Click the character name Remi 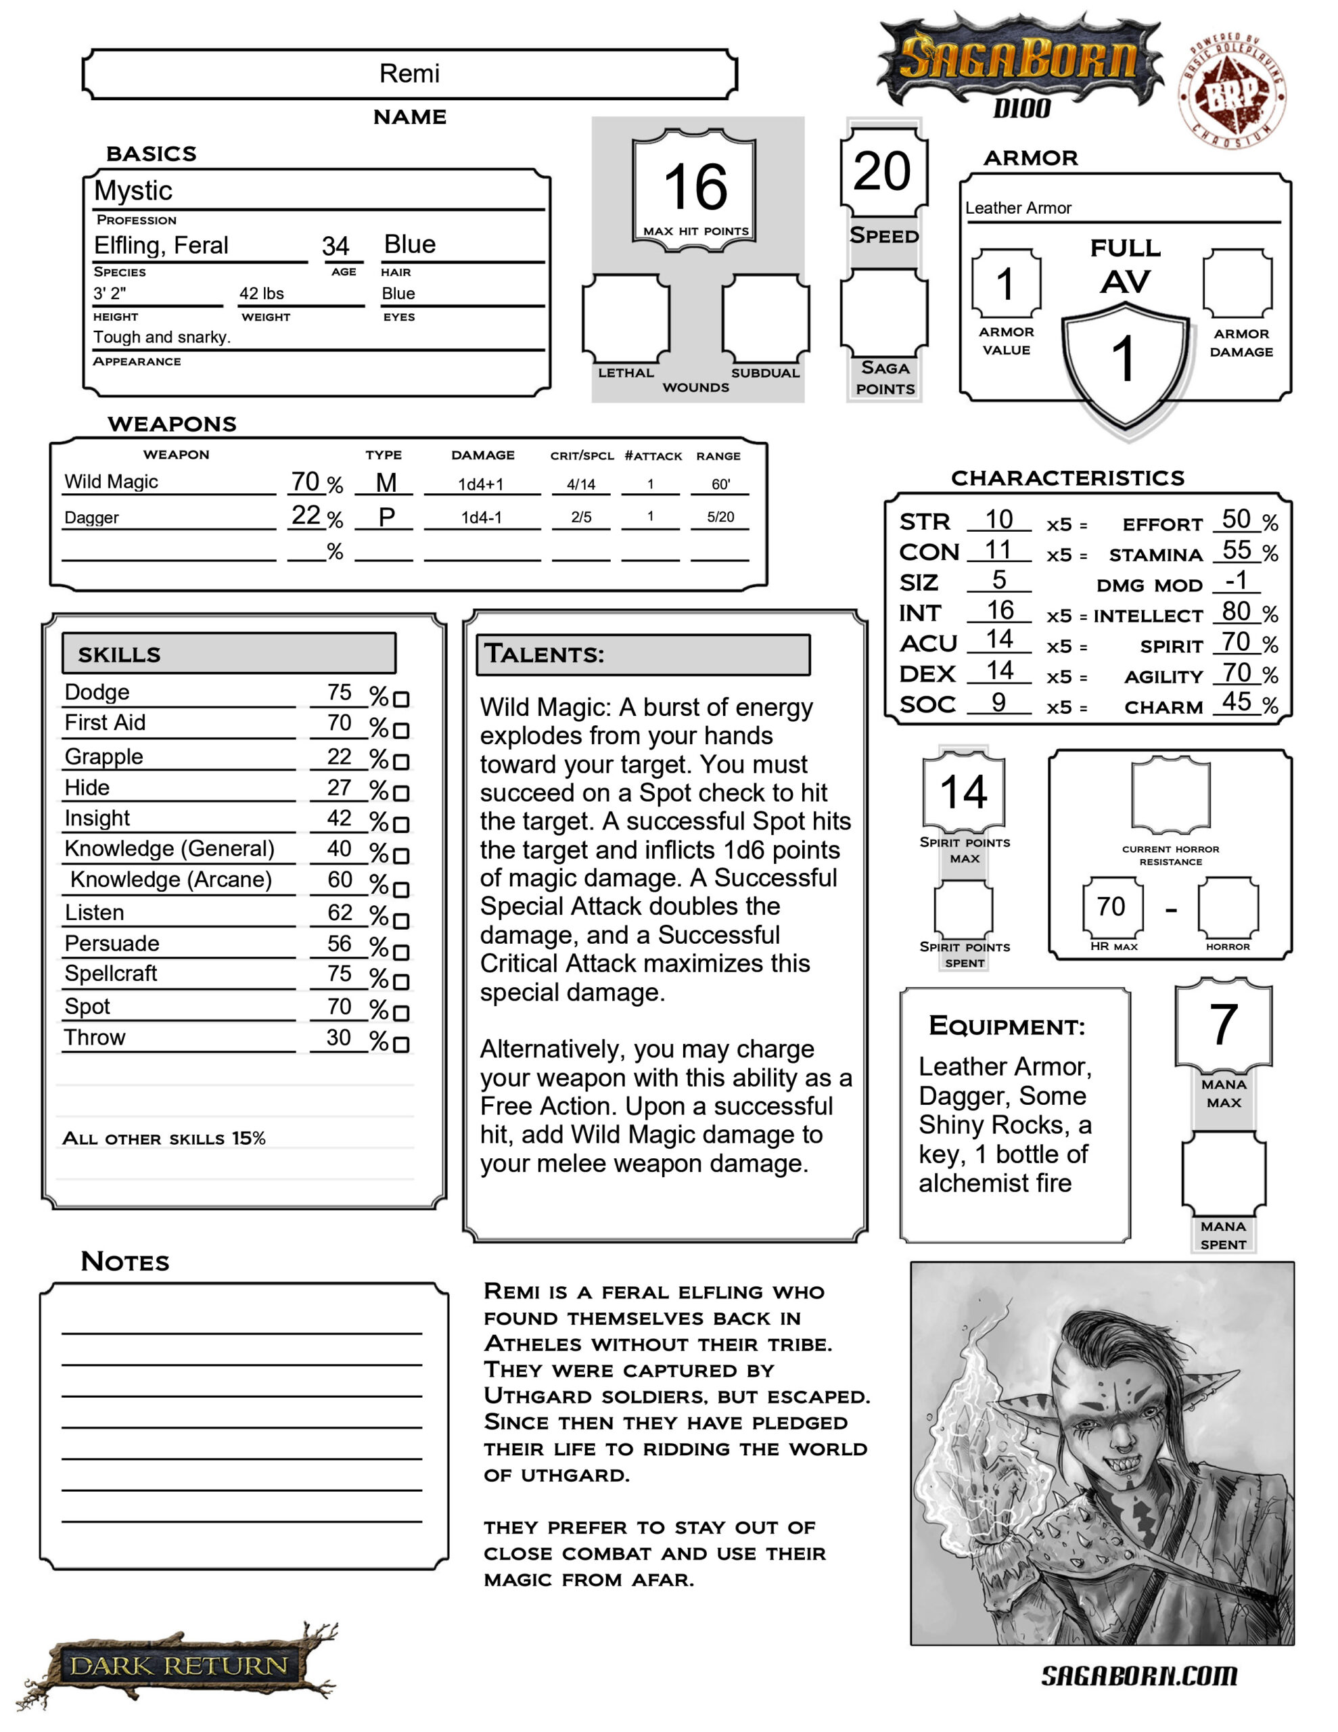click(409, 74)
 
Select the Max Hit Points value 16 click(695, 187)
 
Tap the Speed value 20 click(882, 171)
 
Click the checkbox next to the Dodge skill click(401, 700)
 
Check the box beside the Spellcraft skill click(401, 982)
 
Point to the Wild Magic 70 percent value click(305, 482)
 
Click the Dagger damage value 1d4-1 click(482, 518)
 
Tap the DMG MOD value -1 click(1236, 580)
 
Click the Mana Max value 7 click(1223, 1024)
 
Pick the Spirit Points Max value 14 click(964, 792)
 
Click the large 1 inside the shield click(1123, 359)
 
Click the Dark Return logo click(179, 1666)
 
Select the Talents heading click(545, 654)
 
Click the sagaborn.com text click(1138, 1676)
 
